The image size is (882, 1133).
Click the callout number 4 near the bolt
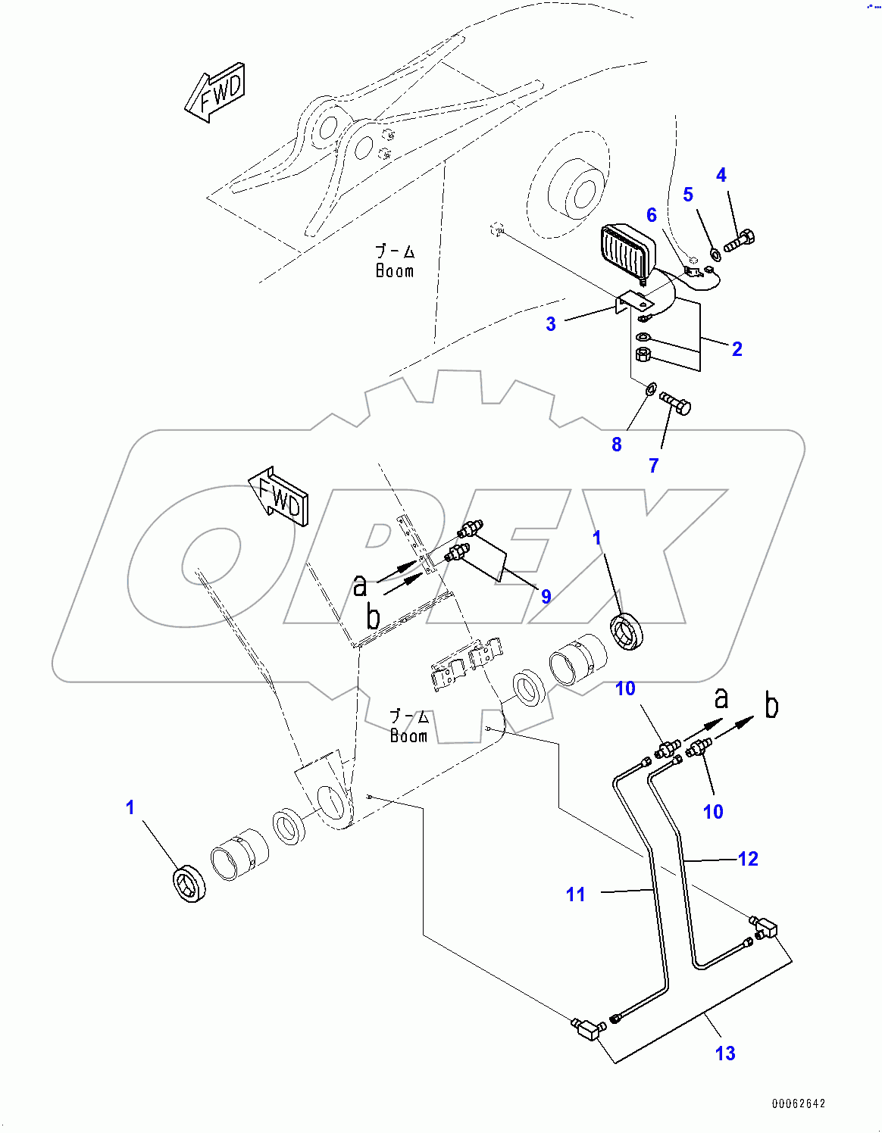point(721,176)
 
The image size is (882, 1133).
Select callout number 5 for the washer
point(688,195)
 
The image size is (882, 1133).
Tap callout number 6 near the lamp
point(652,215)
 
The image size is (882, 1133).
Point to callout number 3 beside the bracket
point(551,324)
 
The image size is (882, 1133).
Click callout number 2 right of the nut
point(737,349)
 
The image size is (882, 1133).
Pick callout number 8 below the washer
point(617,445)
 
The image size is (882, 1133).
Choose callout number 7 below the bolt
point(654,466)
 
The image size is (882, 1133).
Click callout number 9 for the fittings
point(546,597)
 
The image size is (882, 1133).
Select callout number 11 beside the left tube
point(576,894)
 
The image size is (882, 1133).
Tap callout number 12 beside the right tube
point(748,859)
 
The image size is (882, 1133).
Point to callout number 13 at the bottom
point(725,1053)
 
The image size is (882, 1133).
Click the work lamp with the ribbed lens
point(627,250)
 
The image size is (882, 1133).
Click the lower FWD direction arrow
point(279,498)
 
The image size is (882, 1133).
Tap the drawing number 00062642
point(799,1103)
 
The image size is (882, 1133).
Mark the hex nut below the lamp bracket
point(643,354)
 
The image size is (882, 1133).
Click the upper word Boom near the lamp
point(395,270)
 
